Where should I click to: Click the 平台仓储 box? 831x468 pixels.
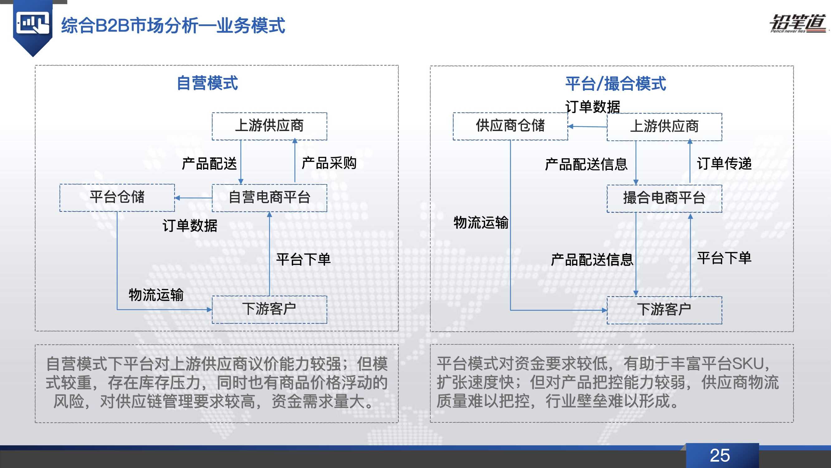click(x=117, y=197)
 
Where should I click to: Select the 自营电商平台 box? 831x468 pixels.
click(x=269, y=198)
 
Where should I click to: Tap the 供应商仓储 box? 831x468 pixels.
click(x=510, y=126)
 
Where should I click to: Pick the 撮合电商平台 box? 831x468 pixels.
click(x=664, y=198)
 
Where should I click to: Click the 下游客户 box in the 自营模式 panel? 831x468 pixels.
click(x=269, y=309)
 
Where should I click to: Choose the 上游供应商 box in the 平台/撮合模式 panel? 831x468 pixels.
click(x=664, y=127)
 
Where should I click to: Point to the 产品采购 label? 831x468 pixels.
click(x=329, y=163)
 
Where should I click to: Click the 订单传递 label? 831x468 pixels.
click(x=724, y=163)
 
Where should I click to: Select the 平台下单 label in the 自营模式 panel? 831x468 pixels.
click(x=303, y=259)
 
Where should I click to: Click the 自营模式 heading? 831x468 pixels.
click(x=208, y=83)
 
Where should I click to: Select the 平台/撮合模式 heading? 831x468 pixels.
click(x=615, y=84)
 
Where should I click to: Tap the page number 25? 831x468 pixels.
click(x=720, y=456)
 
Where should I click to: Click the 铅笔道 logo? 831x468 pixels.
click(x=797, y=24)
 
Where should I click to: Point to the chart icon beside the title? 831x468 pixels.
click(x=33, y=23)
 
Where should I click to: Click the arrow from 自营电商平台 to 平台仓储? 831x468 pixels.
click(x=193, y=198)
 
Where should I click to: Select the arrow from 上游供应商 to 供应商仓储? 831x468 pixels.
click(x=587, y=126)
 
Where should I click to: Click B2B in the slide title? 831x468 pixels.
click(x=112, y=26)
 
